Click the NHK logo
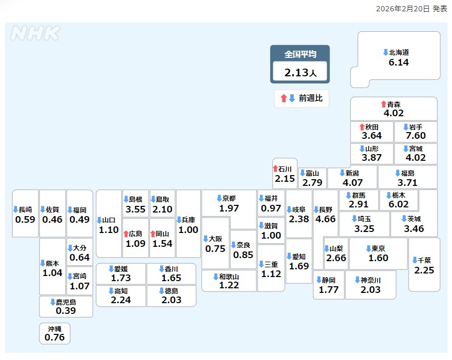(x=35, y=33)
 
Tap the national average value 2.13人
(x=300, y=73)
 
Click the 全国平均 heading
(x=300, y=54)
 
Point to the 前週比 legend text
(x=311, y=98)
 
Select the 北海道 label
(x=399, y=52)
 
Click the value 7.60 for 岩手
(x=416, y=136)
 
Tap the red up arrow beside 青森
(x=383, y=104)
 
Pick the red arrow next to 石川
(x=275, y=168)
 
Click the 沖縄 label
(x=55, y=329)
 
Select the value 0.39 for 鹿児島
(x=66, y=311)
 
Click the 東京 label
(x=378, y=248)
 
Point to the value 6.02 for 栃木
(x=399, y=204)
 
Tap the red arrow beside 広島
(x=126, y=234)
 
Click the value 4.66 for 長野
(x=326, y=219)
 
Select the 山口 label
(x=109, y=220)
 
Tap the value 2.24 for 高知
(x=121, y=300)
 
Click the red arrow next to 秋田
(x=361, y=126)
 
